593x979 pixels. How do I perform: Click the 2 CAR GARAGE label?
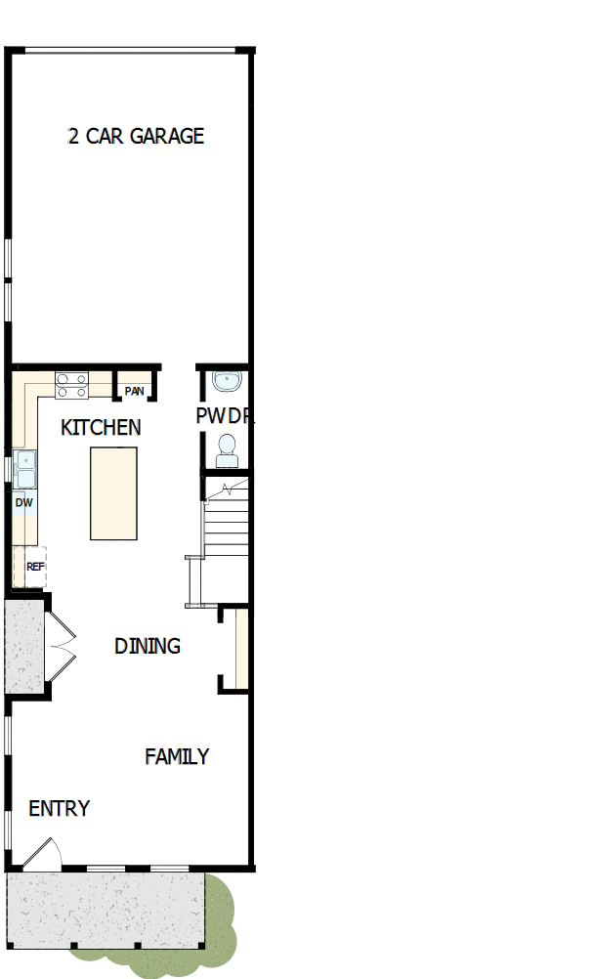click(136, 136)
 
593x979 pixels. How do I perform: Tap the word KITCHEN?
click(101, 427)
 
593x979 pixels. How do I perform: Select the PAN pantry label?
click(135, 392)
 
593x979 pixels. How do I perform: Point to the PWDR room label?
click(225, 416)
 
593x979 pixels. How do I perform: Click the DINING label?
click(148, 646)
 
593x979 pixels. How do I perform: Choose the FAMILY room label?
click(177, 756)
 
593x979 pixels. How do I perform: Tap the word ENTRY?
click(59, 809)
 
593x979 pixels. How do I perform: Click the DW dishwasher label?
click(24, 502)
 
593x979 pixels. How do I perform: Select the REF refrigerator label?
click(34, 566)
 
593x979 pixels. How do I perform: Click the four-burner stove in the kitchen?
click(71, 384)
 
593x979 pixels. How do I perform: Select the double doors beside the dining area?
click(61, 644)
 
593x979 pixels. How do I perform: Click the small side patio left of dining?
click(24, 647)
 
